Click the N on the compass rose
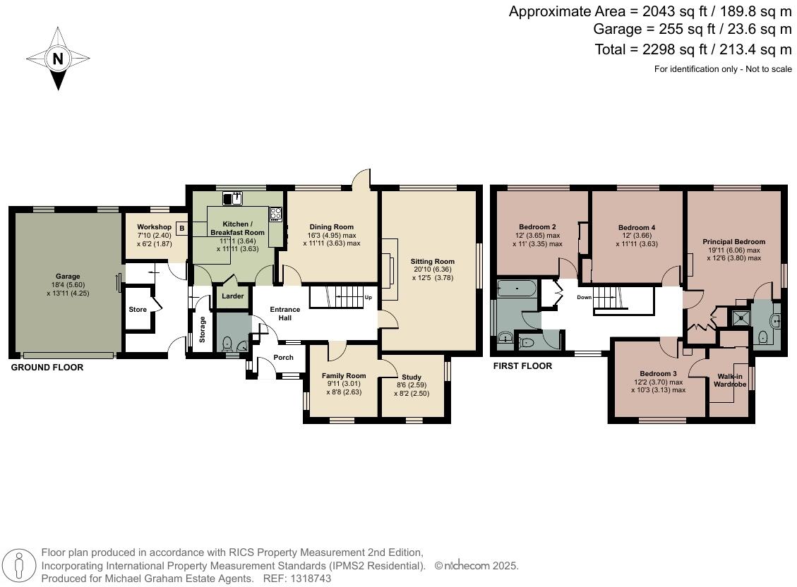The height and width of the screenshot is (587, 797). click(x=58, y=59)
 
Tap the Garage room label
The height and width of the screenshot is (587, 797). click(x=68, y=276)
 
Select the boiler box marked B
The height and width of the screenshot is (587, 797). click(x=181, y=228)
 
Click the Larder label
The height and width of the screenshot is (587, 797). click(x=233, y=296)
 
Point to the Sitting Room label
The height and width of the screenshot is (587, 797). click(x=433, y=261)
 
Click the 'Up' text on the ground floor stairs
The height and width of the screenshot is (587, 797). click(x=368, y=297)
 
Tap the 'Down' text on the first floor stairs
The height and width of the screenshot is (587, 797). click(x=584, y=297)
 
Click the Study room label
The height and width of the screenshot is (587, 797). click(x=412, y=377)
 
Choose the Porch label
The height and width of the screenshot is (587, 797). click(x=283, y=358)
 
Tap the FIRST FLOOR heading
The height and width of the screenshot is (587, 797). click(x=522, y=366)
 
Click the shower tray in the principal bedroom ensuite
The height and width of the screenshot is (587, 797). click(x=740, y=319)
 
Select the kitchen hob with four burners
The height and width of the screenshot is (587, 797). click(x=275, y=214)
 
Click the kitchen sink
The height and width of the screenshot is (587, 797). click(x=232, y=199)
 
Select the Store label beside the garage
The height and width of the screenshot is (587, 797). click(x=138, y=310)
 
